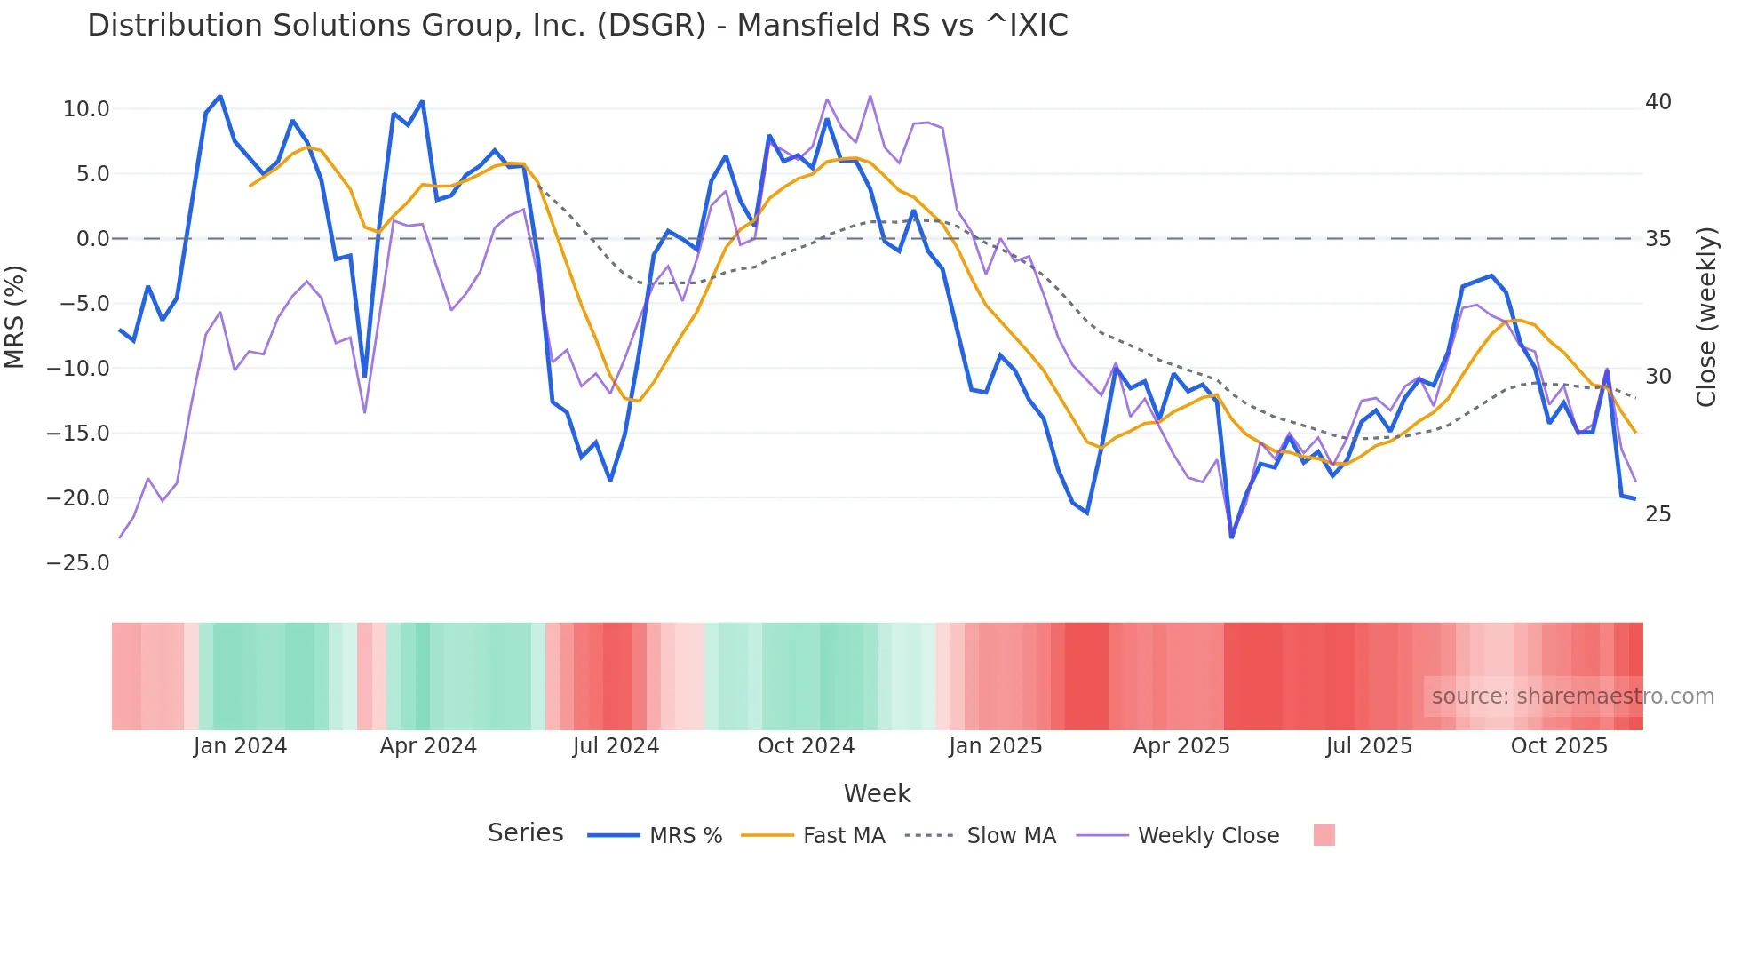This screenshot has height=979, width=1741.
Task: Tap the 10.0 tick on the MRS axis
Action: tap(86, 109)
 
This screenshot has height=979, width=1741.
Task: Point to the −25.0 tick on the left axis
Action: tap(78, 563)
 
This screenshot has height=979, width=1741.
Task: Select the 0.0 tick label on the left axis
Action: tap(92, 239)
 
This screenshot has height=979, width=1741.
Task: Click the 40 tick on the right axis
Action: tap(1658, 102)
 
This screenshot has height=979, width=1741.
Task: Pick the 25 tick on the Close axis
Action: tap(1658, 514)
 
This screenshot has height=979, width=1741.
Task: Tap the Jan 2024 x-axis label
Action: tap(240, 746)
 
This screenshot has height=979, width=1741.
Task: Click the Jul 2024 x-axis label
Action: tap(616, 746)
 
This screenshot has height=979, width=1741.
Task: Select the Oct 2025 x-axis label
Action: tap(1559, 746)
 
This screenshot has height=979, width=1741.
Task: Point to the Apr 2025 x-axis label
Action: tap(1181, 746)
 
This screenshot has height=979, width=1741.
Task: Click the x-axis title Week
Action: tap(877, 793)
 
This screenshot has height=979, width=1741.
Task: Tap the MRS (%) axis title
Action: tap(15, 316)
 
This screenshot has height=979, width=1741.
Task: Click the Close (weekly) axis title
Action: tap(1706, 317)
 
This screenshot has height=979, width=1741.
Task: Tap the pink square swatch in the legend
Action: tap(1324, 835)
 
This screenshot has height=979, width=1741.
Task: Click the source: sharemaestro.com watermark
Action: tap(1572, 696)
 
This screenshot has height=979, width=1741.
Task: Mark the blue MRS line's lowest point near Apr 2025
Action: tap(1231, 537)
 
